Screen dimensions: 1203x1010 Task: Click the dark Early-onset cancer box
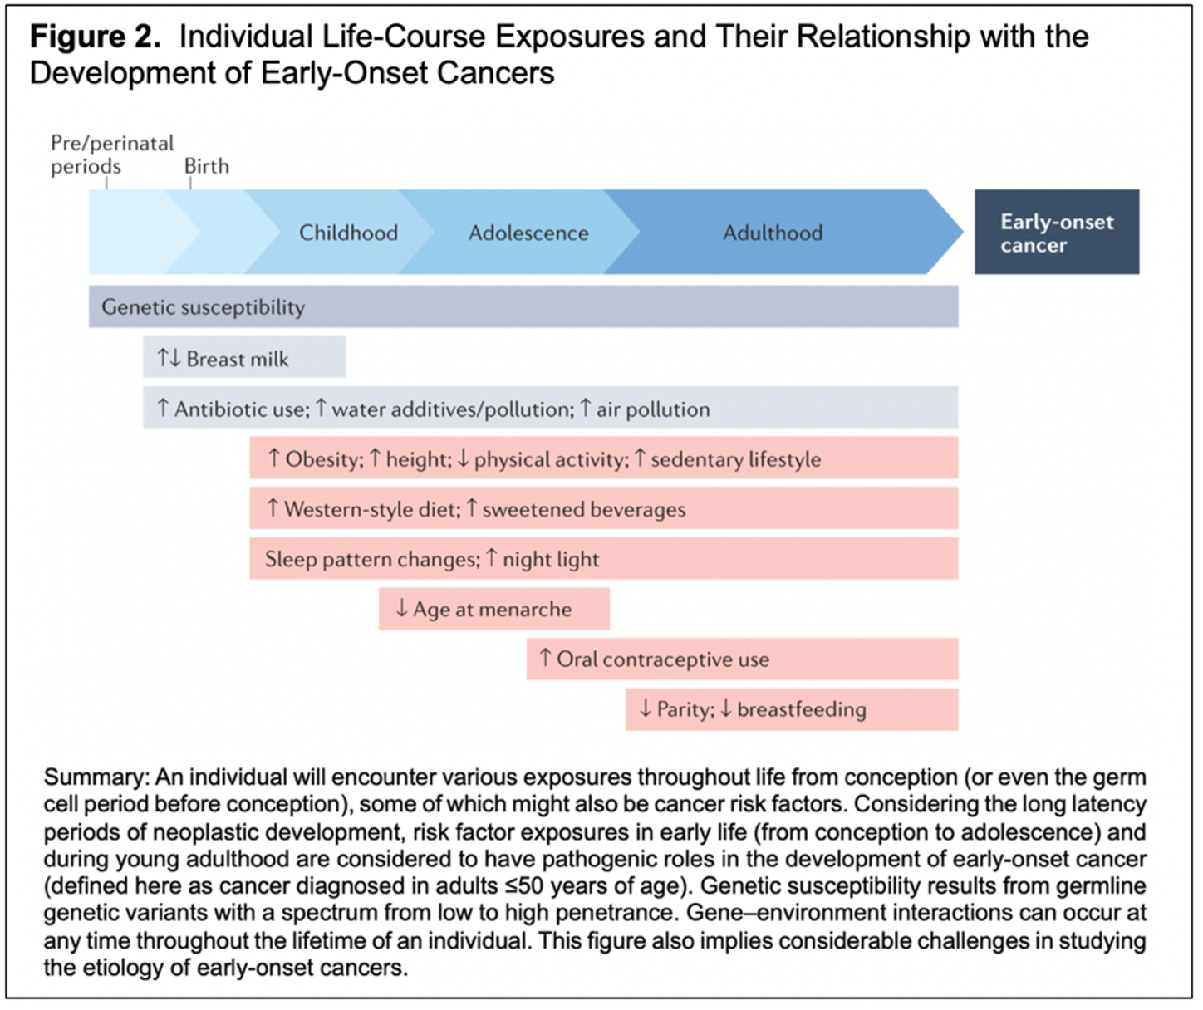click(1057, 232)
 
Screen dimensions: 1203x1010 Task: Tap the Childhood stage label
click(349, 233)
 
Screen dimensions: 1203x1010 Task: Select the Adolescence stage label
click(528, 233)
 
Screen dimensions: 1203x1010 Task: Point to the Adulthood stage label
click(773, 233)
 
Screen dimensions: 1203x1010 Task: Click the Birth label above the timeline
click(206, 166)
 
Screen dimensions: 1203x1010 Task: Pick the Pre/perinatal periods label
click(112, 154)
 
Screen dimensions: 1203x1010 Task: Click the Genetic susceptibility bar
click(523, 306)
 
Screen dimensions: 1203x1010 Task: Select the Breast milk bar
click(244, 357)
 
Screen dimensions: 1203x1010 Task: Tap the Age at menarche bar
click(493, 609)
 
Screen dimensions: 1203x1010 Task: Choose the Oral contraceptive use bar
click(742, 659)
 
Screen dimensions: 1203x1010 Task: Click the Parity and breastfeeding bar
click(793, 709)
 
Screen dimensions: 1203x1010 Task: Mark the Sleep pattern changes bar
click(604, 559)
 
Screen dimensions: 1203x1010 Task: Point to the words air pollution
click(653, 409)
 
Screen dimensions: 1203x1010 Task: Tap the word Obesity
click(324, 460)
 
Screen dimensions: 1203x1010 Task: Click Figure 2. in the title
click(95, 37)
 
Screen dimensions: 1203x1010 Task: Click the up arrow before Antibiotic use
click(163, 408)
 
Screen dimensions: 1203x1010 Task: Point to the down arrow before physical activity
click(463, 458)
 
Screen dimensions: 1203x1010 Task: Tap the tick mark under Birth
click(190, 184)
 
